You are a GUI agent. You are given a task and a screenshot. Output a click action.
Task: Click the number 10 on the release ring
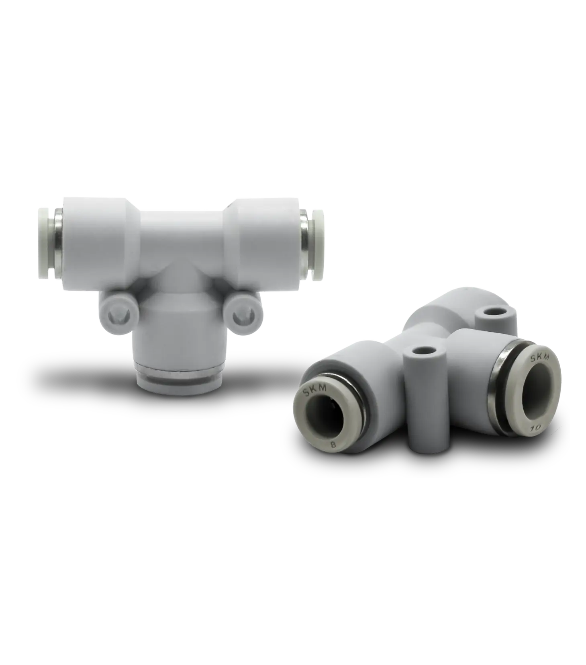(x=536, y=428)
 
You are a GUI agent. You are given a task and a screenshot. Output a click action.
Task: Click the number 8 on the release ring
(x=333, y=444)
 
